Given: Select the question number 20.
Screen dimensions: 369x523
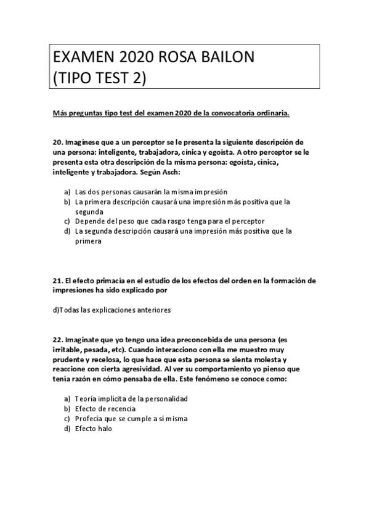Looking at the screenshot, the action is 59,142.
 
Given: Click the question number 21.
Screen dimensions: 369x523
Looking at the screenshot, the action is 59,280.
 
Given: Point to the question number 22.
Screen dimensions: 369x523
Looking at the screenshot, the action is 59,340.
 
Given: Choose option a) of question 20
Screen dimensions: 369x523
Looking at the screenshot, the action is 67,192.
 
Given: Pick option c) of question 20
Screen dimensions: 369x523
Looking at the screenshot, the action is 67,220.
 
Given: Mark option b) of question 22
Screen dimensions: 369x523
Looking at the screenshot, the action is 67,408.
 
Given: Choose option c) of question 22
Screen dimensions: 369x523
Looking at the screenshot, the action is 67,418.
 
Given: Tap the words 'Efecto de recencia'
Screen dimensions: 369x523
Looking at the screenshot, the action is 105,408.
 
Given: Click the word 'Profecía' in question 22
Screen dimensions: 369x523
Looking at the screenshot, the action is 90,418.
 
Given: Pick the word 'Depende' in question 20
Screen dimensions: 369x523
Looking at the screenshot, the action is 90,220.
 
